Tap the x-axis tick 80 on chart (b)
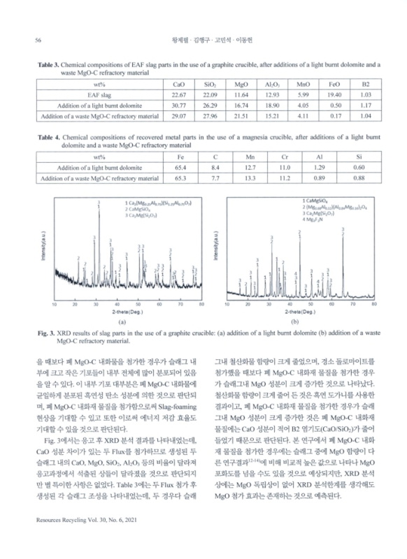(x=376, y=305)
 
